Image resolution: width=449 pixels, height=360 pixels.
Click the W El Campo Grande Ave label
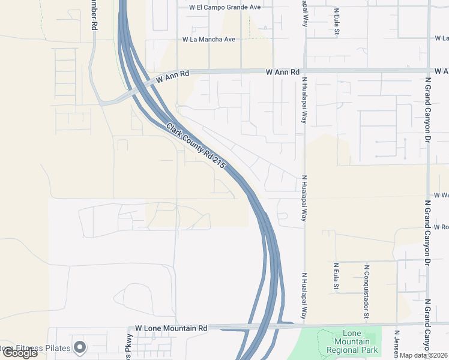(224, 7)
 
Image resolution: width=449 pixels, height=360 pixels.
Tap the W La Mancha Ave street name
(209, 40)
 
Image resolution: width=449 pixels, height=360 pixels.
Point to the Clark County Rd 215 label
(199, 146)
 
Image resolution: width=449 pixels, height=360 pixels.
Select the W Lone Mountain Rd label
(171, 328)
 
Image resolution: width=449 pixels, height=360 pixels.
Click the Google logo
(19, 353)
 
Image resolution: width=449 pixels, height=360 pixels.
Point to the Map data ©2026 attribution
(424, 355)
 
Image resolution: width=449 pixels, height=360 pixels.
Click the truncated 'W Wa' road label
(441, 196)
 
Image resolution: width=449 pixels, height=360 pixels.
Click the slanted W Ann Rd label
(172, 77)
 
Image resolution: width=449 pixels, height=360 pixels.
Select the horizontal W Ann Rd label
(283, 72)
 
